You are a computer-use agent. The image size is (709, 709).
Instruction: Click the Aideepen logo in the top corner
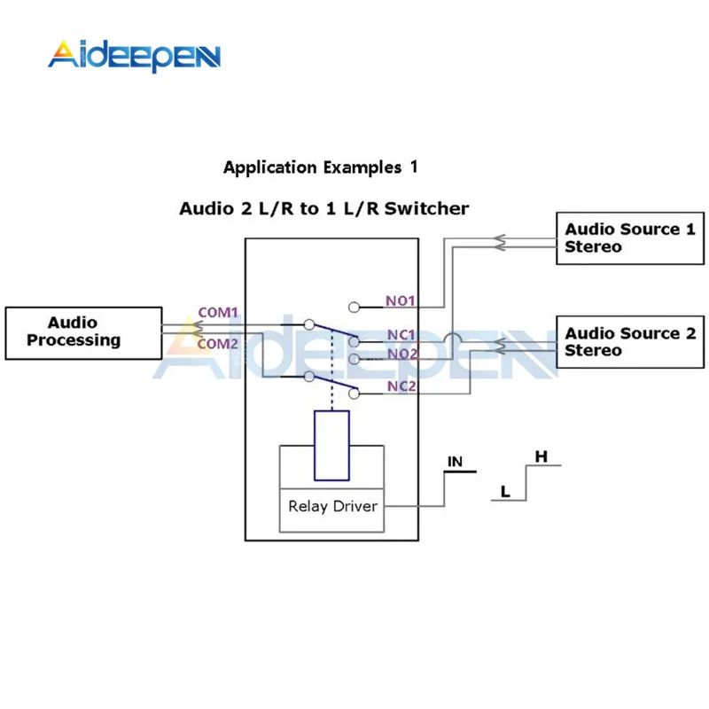pyautogui.click(x=135, y=56)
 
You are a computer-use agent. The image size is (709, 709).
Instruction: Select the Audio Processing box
pyautogui.click(x=83, y=333)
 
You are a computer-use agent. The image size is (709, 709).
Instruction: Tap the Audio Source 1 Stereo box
pyautogui.click(x=630, y=238)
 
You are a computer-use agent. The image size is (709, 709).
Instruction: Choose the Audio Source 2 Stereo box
pyautogui.click(x=630, y=342)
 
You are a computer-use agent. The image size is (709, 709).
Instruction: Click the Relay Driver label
pyautogui.click(x=333, y=506)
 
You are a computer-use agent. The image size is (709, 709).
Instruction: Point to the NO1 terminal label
pyautogui.click(x=401, y=300)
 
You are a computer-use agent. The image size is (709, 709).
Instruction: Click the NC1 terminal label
pyautogui.click(x=401, y=335)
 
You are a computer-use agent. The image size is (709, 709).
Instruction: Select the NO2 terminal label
pyautogui.click(x=402, y=354)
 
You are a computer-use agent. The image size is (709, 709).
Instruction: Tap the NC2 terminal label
pyautogui.click(x=401, y=386)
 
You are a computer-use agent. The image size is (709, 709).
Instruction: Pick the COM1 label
pyautogui.click(x=218, y=313)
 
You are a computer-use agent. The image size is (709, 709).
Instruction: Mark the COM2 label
pyautogui.click(x=217, y=344)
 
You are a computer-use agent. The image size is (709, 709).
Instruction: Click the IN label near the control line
pyautogui.click(x=455, y=462)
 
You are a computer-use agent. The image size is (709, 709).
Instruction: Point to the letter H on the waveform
pyautogui.click(x=541, y=456)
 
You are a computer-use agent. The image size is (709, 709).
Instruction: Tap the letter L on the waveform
pyautogui.click(x=505, y=492)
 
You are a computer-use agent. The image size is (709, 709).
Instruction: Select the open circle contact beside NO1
pyautogui.click(x=354, y=308)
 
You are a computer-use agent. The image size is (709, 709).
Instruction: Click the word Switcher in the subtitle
pyautogui.click(x=426, y=208)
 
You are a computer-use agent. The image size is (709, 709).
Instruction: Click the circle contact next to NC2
pyautogui.click(x=354, y=393)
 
